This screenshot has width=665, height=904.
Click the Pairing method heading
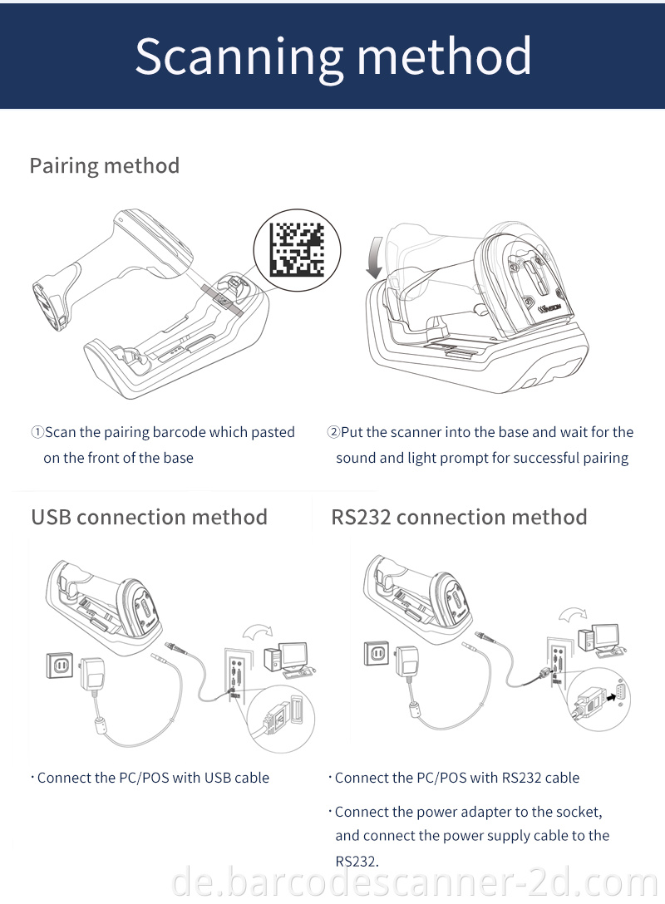point(105,165)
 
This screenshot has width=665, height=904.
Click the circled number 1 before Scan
point(37,432)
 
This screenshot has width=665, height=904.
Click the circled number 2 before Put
point(333,432)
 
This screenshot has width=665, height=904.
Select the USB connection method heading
point(150,517)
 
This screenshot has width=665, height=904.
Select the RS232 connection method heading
point(459,517)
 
